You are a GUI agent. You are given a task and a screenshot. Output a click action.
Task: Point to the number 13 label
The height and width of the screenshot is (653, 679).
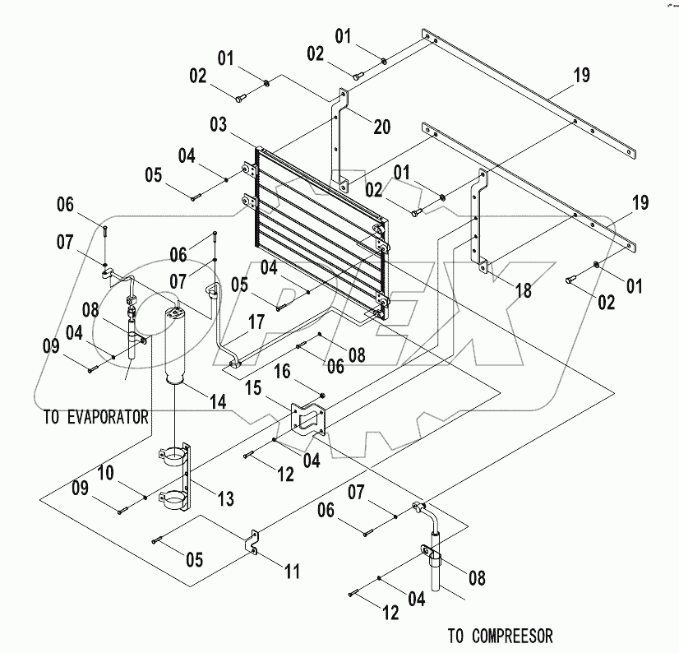point(224,498)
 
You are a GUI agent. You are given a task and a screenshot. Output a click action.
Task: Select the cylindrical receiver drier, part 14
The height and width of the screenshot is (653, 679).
point(178,345)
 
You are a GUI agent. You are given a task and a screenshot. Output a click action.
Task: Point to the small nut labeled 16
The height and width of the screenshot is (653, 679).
point(322,397)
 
